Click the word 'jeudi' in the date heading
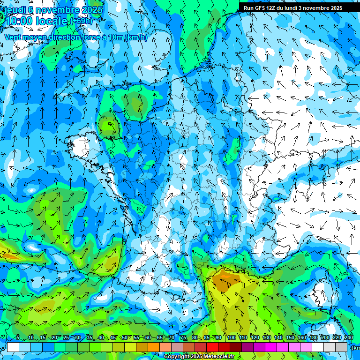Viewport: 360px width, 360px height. (15, 10)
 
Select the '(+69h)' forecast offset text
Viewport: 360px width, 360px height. (81, 21)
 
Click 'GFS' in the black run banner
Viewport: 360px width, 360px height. (260, 8)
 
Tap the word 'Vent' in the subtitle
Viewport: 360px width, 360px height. (13, 37)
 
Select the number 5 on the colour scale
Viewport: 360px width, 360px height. (18, 338)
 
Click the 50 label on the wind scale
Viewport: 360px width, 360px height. (125, 338)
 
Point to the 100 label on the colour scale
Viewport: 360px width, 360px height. (232, 338)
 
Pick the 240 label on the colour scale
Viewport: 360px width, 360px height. (348, 338)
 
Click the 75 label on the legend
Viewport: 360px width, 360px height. (183, 338)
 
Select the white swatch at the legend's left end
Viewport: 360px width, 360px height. (13, 347)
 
